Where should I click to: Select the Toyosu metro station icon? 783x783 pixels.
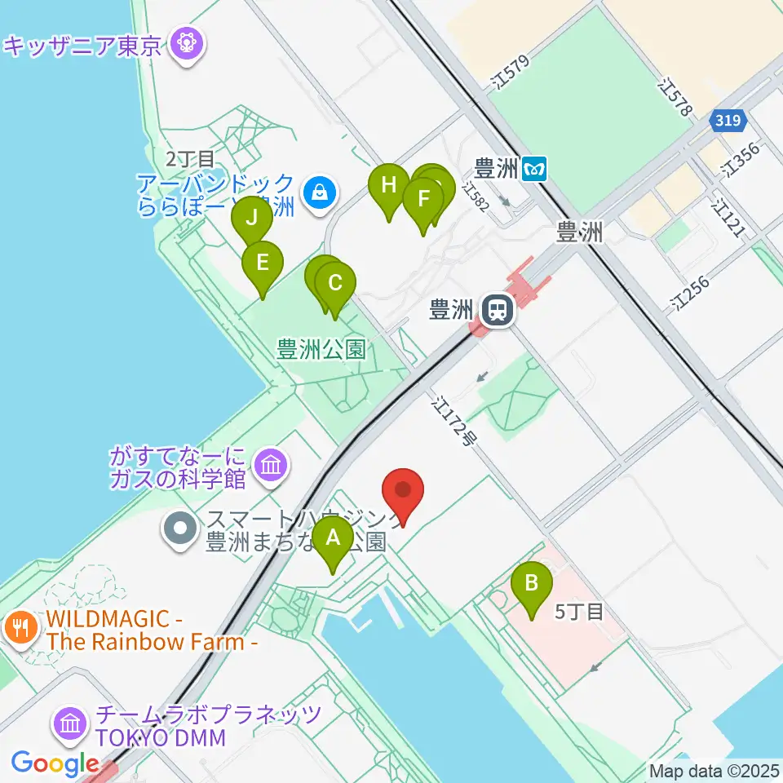(535, 169)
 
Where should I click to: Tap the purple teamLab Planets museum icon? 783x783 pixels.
(70, 723)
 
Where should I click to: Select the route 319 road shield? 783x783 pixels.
(725, 121)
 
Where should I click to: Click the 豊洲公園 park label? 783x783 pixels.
(321, 351)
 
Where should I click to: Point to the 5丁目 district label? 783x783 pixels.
(579, 612)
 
